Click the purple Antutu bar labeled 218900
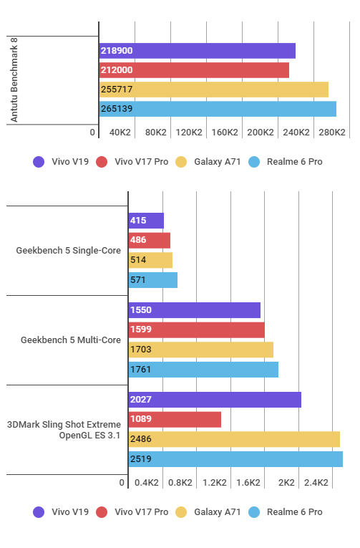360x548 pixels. point(198,51)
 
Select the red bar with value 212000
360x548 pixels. point(194,70)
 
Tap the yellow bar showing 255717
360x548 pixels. point(214,90)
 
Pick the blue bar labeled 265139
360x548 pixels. point(218,109)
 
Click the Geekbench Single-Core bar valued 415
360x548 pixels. point(146,221)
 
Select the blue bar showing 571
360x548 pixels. point(152,279)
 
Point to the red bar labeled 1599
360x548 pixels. point(196,330)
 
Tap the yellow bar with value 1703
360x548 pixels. point(200,350)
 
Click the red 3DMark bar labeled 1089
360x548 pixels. point(175,419)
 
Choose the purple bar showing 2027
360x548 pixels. point(215,400)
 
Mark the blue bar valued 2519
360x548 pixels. point(235,458)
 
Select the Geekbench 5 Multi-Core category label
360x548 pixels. point(71,340)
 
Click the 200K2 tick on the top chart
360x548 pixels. point(260,133)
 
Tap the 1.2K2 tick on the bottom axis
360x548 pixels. point(215,483)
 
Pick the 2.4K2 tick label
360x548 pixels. point(316,483)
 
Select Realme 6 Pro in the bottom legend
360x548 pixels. point(294,512)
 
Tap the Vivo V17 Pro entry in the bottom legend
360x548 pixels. point(141,512)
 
